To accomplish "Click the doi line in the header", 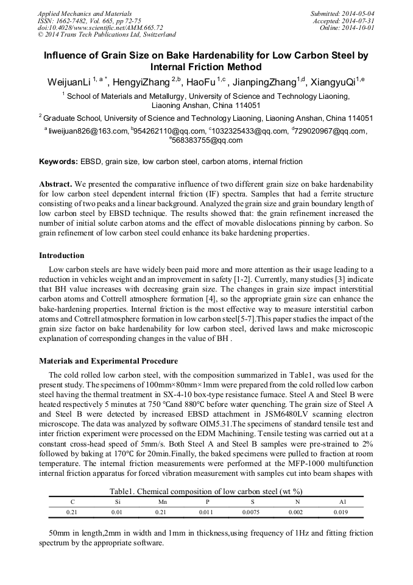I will (x=100, y=28).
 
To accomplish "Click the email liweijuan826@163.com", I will (x=88, y=131).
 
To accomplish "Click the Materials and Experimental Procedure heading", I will (x=108, y=361).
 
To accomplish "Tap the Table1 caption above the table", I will (x=206, y=491).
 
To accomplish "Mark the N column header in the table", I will (x=296, y=501).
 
